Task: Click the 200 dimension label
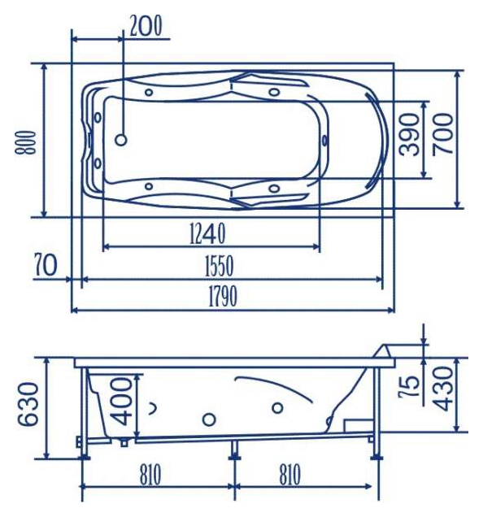click(x=146, y=26)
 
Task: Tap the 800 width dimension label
click(x=25, y=142)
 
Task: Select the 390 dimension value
click(x=409, y=134)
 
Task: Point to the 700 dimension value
click(x=442, y=134)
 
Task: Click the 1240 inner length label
click(x=207, y=233)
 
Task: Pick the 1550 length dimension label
click(x=219, y=266)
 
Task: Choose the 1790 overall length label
click(x=223, y=296)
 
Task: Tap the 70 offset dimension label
click(x=46, y=265)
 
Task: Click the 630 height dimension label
click(x=28, y=404)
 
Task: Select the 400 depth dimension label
click(x=121, y=402)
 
